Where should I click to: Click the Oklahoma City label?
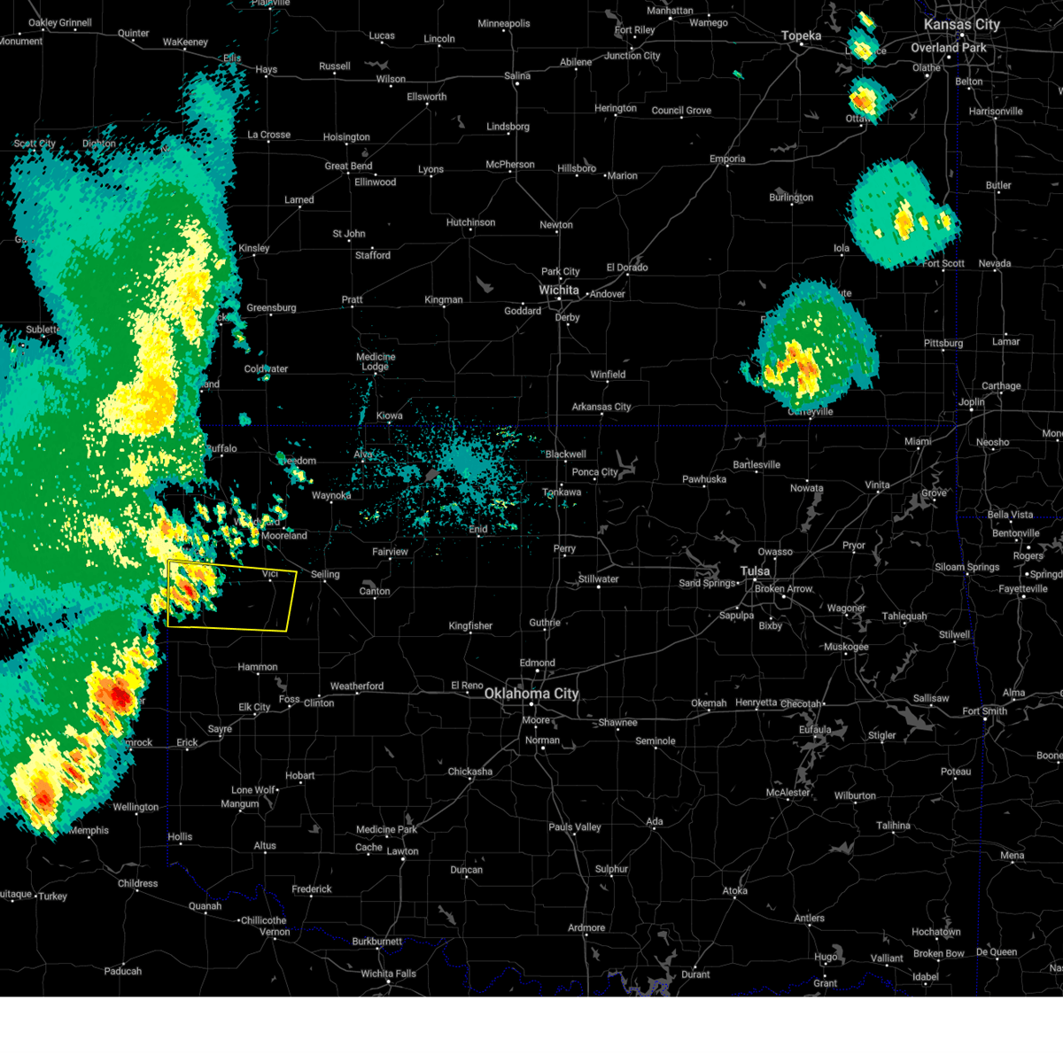(x=531, y=694)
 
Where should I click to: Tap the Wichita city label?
(x=559, y=291)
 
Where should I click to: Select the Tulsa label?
(x=756, y=571)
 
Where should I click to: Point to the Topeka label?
(x=801, y=36)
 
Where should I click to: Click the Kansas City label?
(x=961, y=25)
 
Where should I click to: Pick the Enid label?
(x=478, y=530)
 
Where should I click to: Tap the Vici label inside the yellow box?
(x=270, y=574)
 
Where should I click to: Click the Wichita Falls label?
(x=388, y=974)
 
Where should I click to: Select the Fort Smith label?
(x=984, y=710)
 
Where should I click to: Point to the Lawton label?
(x=402, y=851)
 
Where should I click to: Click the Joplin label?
(x=971, y=402)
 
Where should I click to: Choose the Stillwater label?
(x=598, y=579)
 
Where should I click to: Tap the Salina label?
(x=517, y=76)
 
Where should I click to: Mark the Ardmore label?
(x=586, y=928)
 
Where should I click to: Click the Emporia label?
(x=727, y=159)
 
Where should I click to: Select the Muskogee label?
(x=846, y=647)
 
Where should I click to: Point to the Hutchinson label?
(x=470, y=222)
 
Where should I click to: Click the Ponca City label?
(x=594, y=472)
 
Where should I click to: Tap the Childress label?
(x=137, y=883)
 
